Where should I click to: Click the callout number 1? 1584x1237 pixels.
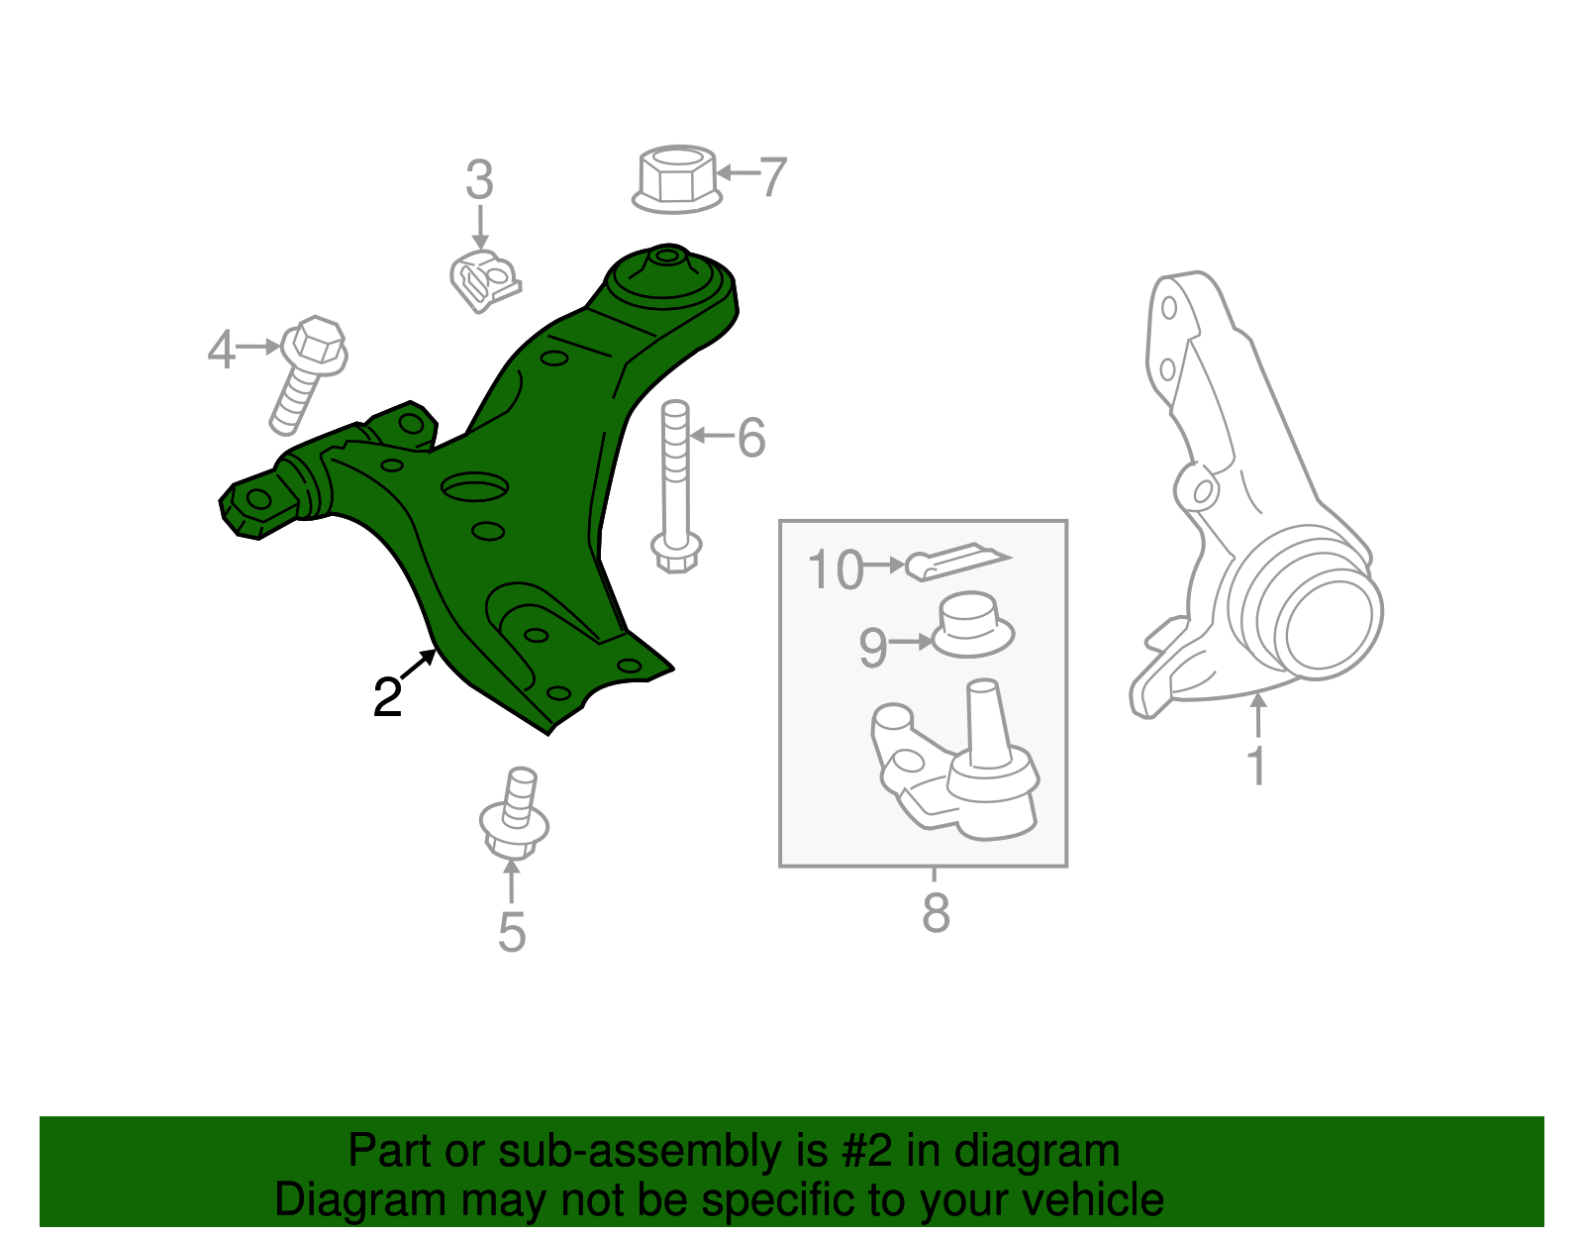point(1256,766)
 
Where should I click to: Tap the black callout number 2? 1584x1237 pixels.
point(387,697)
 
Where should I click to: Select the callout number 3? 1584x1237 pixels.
point(479,180)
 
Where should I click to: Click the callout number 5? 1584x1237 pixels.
point(511,932)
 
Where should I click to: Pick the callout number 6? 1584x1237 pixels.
point(751,437)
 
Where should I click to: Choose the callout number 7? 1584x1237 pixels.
point(772,176)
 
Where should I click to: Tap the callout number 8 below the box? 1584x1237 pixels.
point(936,913)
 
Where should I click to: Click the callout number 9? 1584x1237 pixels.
point(872,648)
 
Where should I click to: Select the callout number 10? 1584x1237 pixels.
point(835,569)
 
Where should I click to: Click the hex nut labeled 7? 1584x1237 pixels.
point(677,179)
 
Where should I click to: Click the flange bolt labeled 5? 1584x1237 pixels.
point(514,817)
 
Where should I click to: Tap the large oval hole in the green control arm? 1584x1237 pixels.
point(475,487)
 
